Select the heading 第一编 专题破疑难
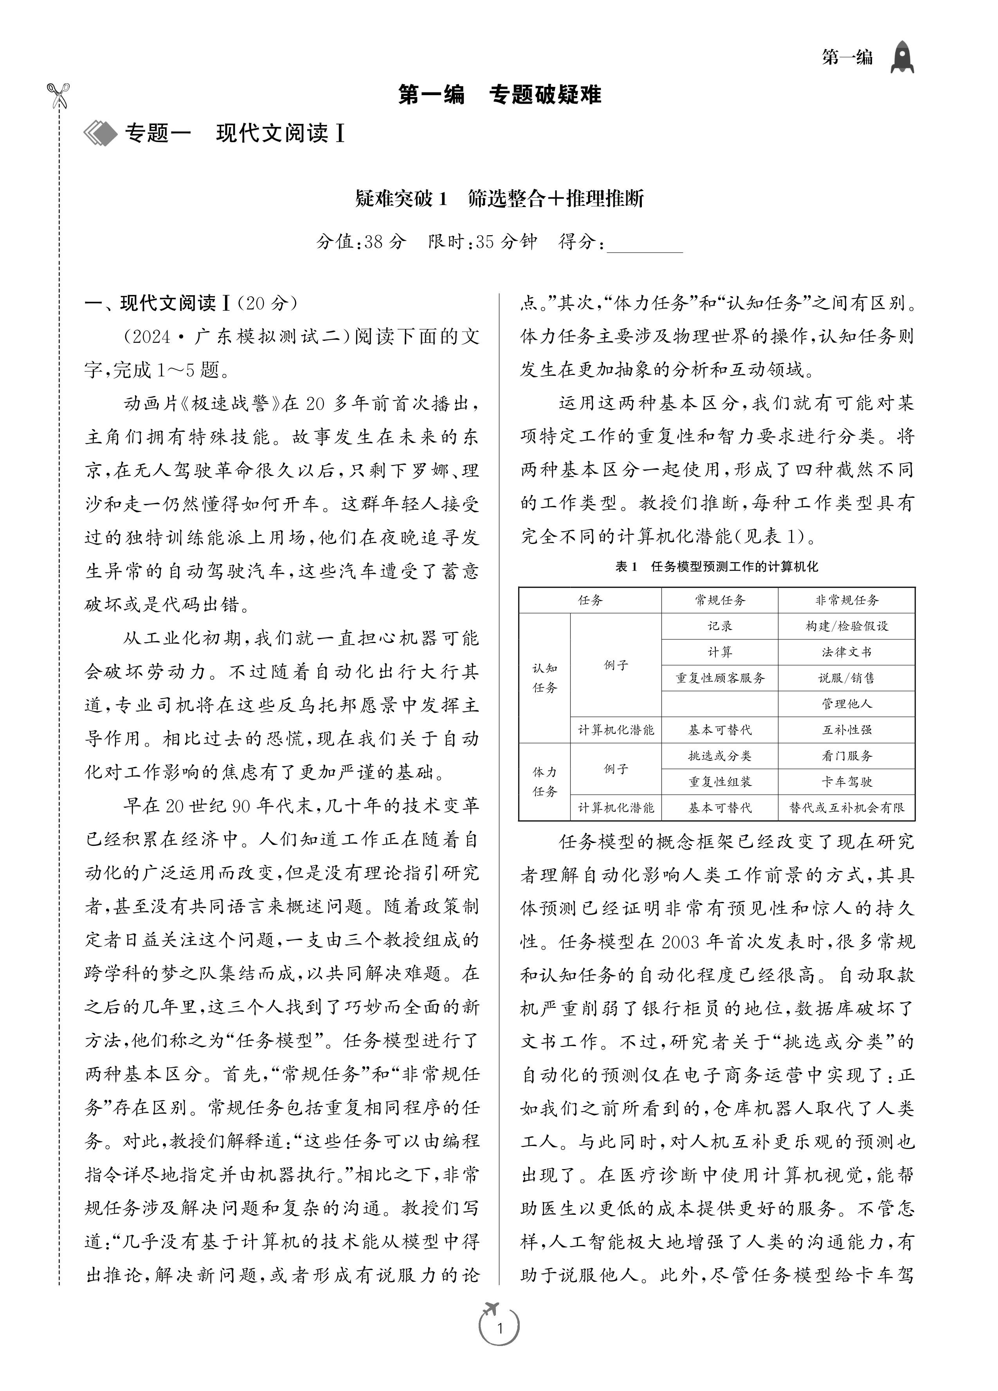[x=499, y=95]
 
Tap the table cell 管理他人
[x=847, y=703]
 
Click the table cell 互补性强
[x=847, y=730]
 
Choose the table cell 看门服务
[x=847, y=756]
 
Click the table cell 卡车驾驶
[x=847, y=781]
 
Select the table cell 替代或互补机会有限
[x=847, y=808]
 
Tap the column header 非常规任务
[x=847, y=600]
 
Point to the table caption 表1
[x=627, y=567]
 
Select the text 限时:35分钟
[x=482, y=241]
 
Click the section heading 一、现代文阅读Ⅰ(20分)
[x=191, y=303]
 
